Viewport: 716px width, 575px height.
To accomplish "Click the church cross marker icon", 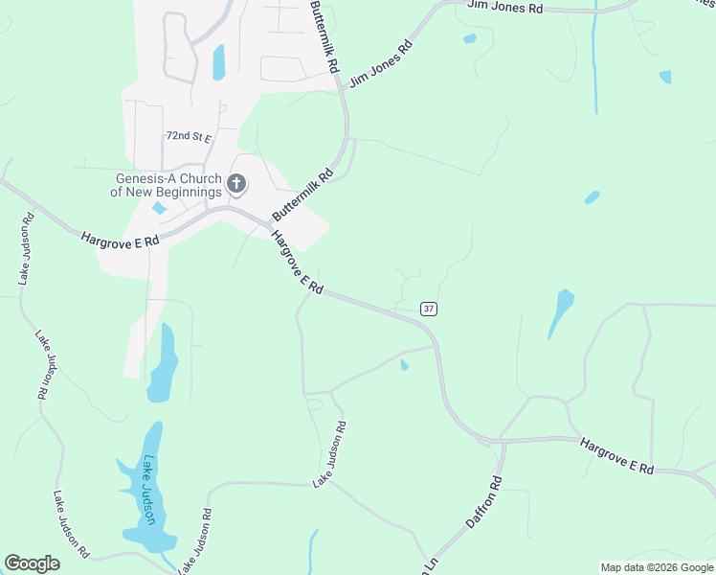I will click(235, 183).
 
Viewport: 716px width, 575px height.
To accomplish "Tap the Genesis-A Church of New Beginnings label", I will click(168, 185).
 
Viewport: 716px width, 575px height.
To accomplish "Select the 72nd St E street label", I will click(188, 137).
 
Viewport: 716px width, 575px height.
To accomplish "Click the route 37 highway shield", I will click(429, 308).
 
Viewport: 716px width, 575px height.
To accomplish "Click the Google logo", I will click(33, 563).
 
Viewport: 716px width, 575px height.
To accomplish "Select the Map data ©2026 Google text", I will click(656, 567).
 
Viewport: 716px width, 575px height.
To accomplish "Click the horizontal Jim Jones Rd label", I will click(505, 7).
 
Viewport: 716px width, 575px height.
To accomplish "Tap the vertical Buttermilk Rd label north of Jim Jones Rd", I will click(326, 36).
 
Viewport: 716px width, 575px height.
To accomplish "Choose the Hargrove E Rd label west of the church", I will click(120, 240).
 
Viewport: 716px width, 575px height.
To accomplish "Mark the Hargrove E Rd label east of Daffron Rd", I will click(616, 455).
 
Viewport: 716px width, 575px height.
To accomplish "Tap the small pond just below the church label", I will click(159, 208).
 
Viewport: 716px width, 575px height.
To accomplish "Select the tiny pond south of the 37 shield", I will click(404, 365).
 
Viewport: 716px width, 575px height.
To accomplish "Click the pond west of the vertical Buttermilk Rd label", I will click(218, 61).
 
